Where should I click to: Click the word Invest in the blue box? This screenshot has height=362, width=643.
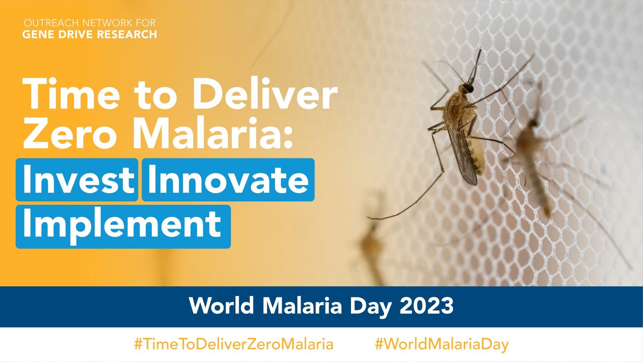78,180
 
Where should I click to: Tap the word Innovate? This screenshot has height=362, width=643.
228,180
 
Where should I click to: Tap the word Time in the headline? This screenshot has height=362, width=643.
72,95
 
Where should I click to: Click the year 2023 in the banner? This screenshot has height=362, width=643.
426,306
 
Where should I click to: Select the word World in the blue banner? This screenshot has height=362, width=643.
222,306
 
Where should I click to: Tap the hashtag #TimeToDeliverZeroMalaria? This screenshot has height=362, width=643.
233,344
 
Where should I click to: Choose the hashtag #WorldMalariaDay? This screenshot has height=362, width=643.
441,344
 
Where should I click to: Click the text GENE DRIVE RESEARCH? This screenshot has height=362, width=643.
90,35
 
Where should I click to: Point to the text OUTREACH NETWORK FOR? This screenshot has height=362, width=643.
90,23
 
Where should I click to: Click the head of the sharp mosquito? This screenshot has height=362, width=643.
468,87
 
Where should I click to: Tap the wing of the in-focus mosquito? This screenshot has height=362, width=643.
462,153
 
